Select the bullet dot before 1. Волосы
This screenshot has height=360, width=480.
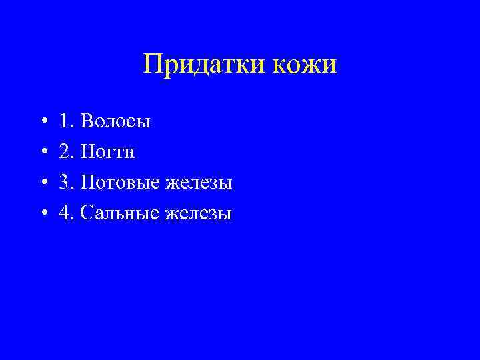pos(43,122)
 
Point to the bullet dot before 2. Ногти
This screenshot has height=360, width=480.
pos(43,153)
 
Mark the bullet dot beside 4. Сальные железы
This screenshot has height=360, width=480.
pos(43,214)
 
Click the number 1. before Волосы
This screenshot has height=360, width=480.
pos(66,121)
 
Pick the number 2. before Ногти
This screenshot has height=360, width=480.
pos(66,152)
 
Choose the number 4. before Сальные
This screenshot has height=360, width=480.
pos(66,213)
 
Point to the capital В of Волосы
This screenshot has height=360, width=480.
pos(85,121)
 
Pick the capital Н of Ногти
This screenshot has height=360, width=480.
pos(86,152)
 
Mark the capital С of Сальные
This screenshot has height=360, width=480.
pos(85,213)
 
